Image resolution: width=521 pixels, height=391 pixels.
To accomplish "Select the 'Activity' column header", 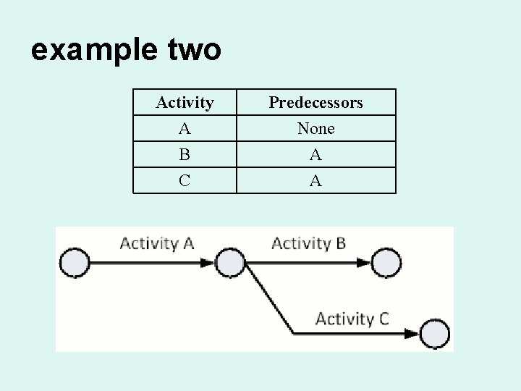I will tap(185, 103).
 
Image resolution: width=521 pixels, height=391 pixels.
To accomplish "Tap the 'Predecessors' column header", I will tap(315, 103).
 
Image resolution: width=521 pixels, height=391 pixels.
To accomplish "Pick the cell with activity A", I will tap(185, 129).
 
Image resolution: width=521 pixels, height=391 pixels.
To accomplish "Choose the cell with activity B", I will tap(185, 155).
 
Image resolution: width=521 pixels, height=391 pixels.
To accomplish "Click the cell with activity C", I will tap(185, 181).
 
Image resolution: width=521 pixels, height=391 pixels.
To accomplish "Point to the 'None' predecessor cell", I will tap(315, 129).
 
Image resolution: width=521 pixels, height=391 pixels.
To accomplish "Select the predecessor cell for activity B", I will tap(315, 155).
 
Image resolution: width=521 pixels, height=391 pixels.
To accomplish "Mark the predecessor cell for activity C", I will tap(315, 181).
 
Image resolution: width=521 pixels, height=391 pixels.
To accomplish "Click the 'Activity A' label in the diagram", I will tap(156, 243).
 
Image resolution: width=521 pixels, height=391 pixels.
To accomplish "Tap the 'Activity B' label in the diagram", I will tap(308, 243).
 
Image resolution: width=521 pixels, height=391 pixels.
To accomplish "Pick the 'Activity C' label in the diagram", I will tap(352, 319).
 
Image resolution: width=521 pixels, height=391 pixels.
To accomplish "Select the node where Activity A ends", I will tap(231, 263).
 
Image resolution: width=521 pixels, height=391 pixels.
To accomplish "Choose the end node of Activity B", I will tap(384, 263).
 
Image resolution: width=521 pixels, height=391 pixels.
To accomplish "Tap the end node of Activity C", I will tap(434, 334).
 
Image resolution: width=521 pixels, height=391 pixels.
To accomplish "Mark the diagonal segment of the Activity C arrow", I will tap(270, 298).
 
